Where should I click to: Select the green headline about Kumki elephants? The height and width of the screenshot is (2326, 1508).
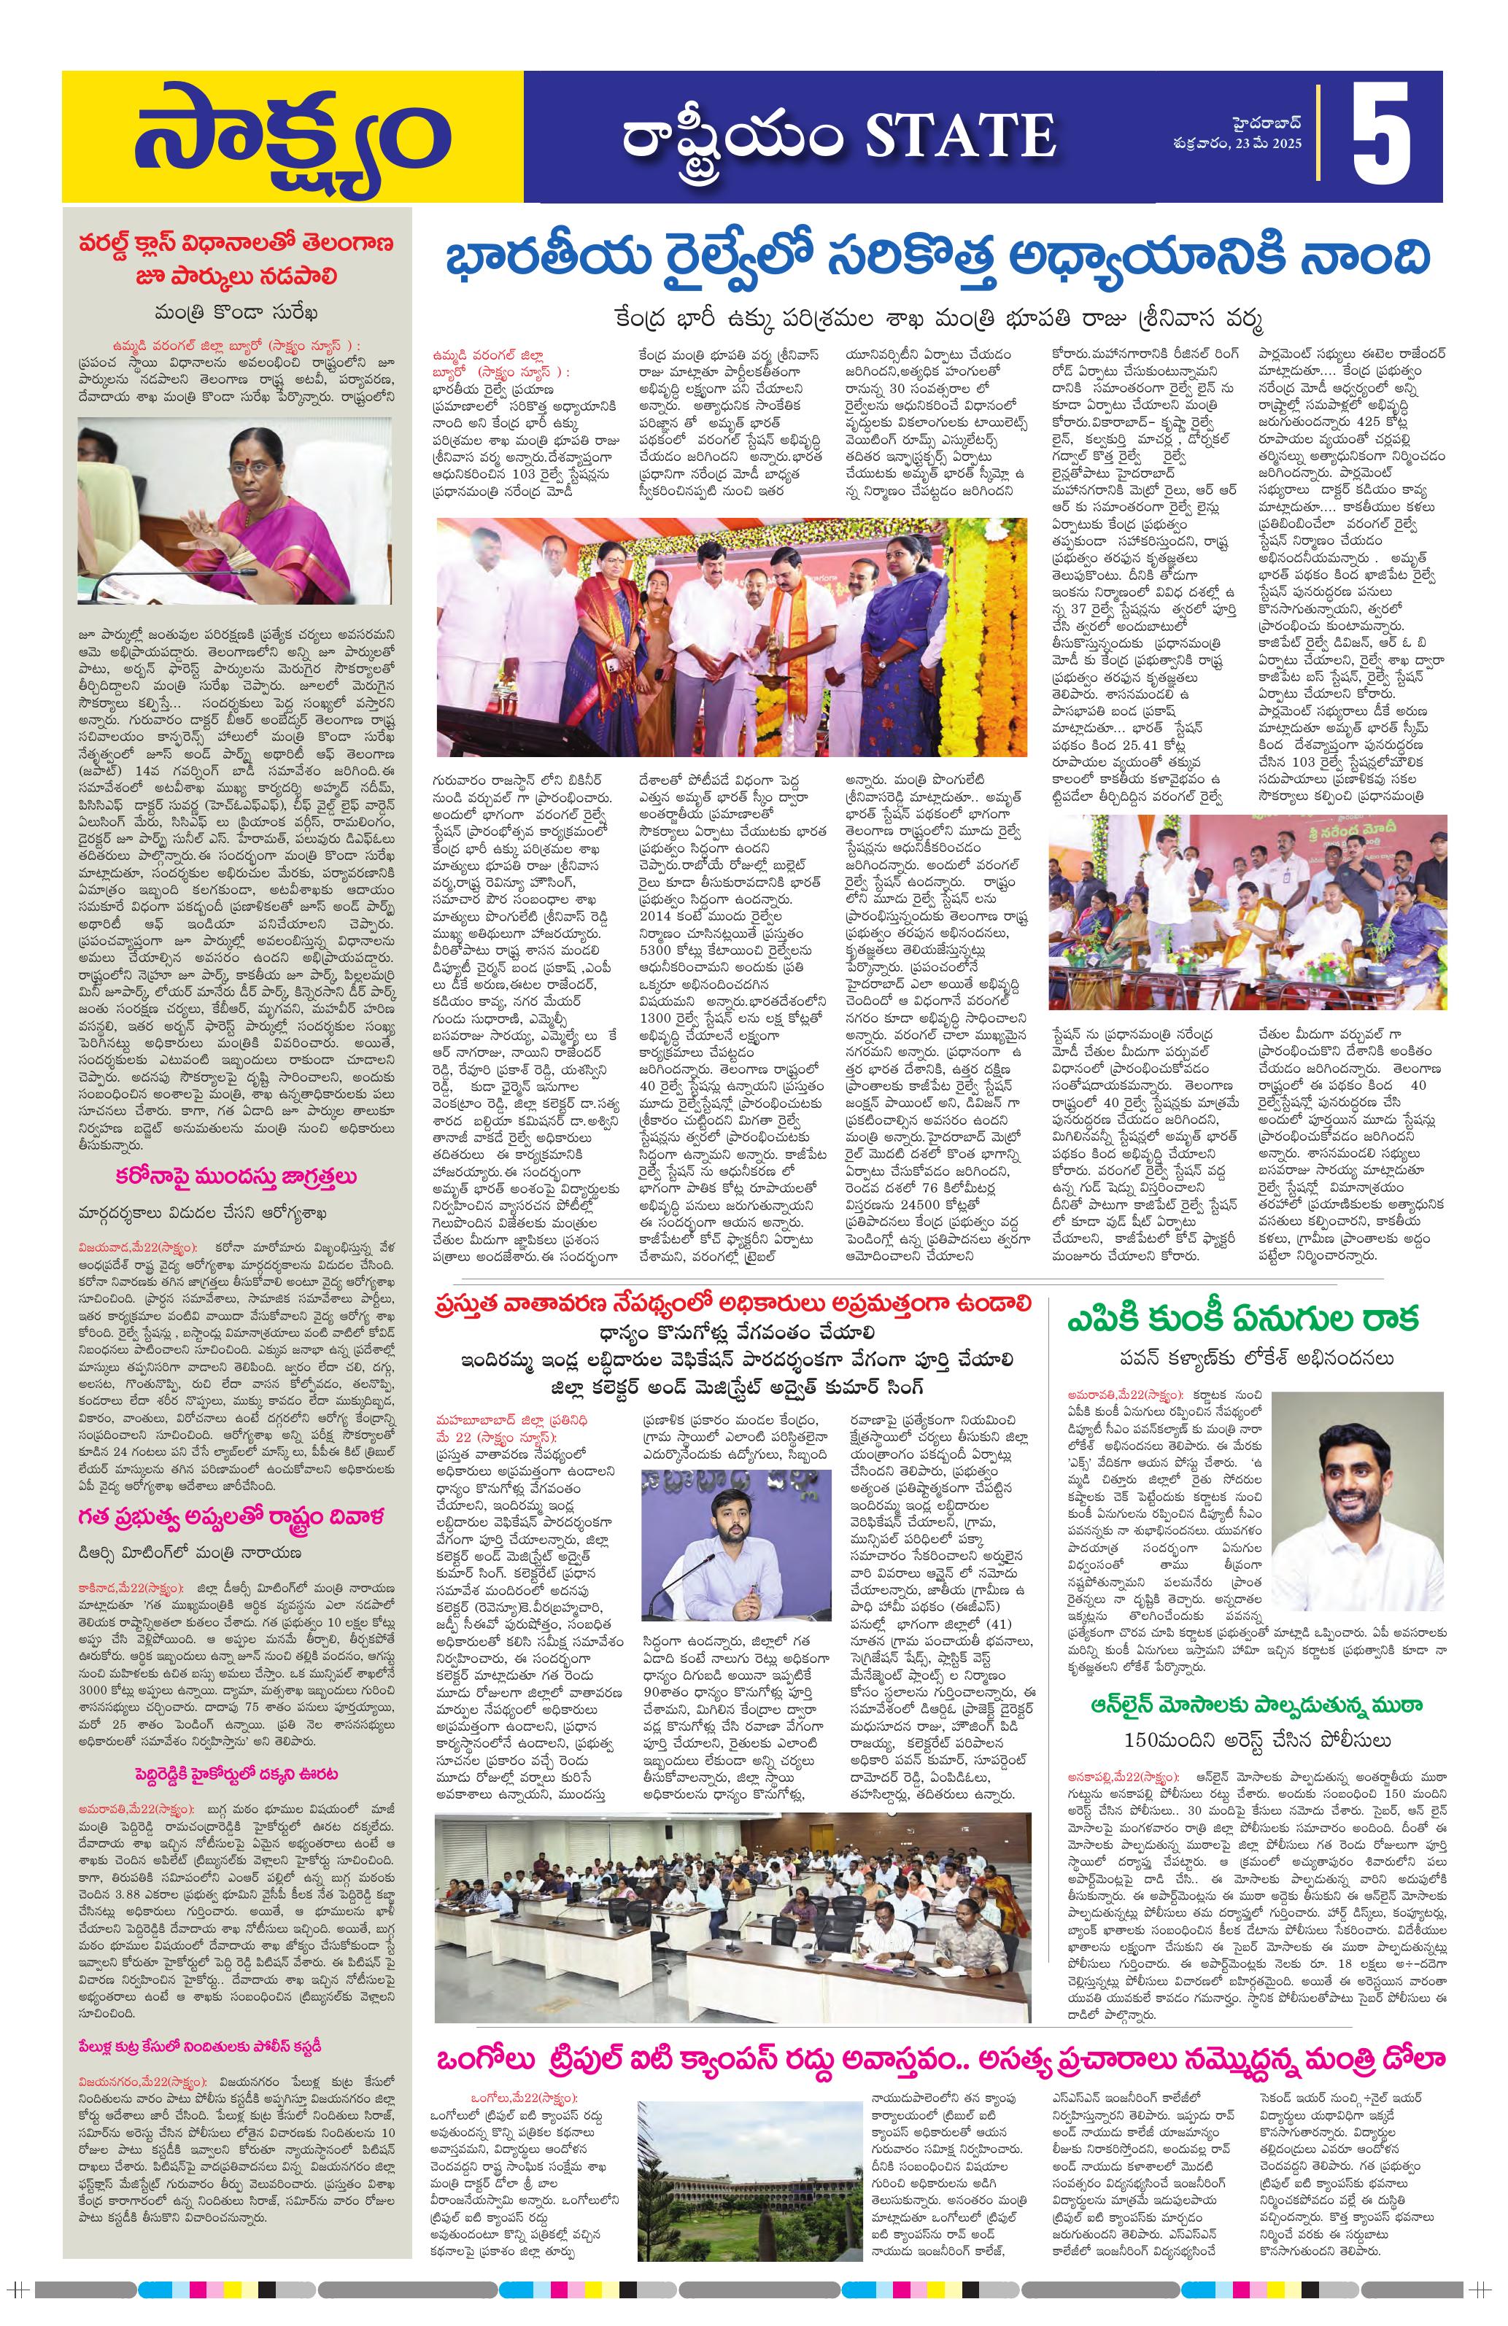(x=1243, y=1319)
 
